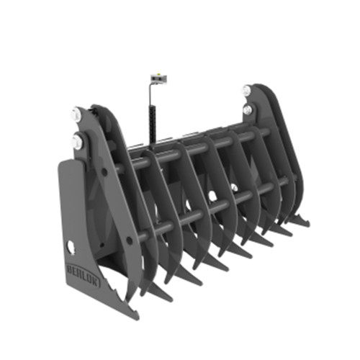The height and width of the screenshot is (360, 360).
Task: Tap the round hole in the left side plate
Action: coord(70,247)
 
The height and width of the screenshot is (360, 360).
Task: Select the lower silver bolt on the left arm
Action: coord(77,141)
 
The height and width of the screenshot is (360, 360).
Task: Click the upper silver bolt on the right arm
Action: coord(248,91)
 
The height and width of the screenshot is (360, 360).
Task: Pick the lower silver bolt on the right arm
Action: coord(248,109)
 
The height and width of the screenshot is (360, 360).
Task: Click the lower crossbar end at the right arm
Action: coord(284,184)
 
